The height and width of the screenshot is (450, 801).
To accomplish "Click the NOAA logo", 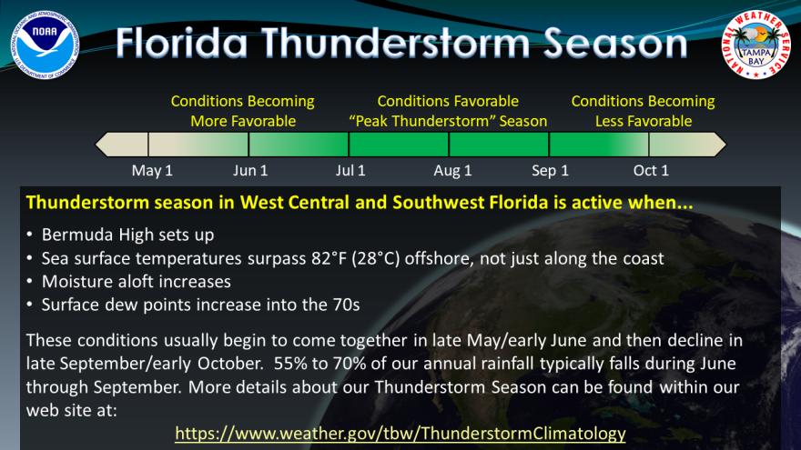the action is click(45, 45).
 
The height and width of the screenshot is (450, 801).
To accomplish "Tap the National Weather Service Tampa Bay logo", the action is click(755, 45).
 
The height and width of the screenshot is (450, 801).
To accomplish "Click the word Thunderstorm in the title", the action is click(397, 43).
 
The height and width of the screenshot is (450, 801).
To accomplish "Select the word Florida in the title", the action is click(182, 43).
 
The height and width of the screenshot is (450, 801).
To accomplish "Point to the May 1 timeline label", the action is click(152, 170).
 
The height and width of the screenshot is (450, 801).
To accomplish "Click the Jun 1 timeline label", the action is click(250, 170).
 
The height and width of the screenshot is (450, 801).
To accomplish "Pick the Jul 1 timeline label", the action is click(350, 170).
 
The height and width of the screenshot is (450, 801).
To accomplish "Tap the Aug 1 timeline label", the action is click(452, 170).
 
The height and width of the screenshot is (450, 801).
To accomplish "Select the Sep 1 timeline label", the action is click(550, 170).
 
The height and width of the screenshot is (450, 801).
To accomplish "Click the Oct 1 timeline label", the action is click(651, 170).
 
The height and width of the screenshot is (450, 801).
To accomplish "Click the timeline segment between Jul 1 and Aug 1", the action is click(399, 145).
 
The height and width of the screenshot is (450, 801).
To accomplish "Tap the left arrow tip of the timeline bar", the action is click(96, 145).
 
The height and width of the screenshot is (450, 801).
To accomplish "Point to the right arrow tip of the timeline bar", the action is click(726, 145).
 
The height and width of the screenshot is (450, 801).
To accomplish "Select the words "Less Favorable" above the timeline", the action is click(644, 122).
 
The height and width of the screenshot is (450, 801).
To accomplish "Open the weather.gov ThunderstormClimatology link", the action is click(400, 433).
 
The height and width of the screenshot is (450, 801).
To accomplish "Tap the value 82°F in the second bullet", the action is click(330, 258).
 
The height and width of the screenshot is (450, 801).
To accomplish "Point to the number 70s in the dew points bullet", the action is click(347, 305).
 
